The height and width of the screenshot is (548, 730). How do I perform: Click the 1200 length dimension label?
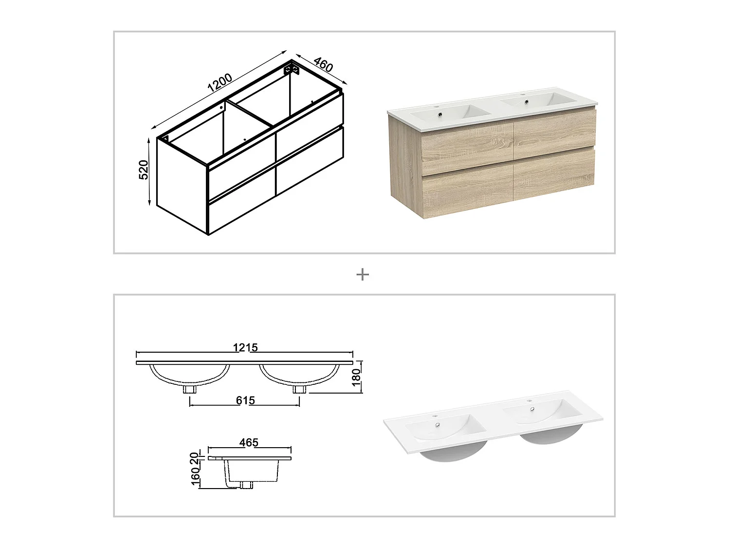220,82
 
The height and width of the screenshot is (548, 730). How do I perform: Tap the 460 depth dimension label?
323,65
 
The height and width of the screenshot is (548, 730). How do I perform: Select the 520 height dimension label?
144,170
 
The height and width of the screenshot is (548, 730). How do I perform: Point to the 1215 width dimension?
245,347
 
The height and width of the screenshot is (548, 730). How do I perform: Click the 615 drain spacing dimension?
245,400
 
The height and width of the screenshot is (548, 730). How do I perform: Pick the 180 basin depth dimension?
356,378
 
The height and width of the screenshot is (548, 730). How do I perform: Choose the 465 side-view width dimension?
249,442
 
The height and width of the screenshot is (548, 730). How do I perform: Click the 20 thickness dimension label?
194,458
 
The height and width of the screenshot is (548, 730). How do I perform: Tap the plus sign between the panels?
363,275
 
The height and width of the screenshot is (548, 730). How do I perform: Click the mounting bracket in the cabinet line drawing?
292,70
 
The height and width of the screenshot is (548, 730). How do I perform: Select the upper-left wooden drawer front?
468,151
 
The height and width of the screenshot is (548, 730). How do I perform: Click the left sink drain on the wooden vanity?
440,114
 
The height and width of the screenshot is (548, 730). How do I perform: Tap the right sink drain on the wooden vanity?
527,101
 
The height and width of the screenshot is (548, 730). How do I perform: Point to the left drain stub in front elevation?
190,389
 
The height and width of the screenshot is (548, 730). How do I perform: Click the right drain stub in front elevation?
299,389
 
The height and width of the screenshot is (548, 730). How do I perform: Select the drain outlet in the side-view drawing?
246,485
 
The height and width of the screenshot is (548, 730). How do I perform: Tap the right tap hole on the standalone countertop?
529,400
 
